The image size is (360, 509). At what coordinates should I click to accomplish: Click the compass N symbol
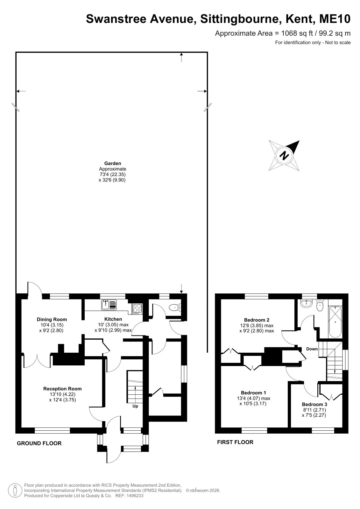[284, 156]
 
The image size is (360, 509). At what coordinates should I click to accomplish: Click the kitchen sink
[109, 305]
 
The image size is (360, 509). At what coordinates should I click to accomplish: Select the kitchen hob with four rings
[137, 309]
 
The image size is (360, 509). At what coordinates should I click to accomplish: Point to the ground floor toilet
[175, 308]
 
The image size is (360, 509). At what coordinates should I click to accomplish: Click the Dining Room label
[52, 319]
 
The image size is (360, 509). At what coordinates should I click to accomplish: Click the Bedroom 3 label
[314, 404]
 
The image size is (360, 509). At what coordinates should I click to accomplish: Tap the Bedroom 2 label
[257, 320]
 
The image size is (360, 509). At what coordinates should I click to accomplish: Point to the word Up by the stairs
[135, 406]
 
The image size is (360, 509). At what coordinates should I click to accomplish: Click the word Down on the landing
[312, 349]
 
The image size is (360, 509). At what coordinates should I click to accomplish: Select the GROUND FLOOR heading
[39, 443]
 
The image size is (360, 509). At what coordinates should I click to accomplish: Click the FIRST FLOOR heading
[235, 442]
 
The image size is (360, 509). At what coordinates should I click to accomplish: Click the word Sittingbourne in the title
[240, 19]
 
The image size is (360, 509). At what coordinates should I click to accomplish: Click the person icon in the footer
[15, 490]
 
